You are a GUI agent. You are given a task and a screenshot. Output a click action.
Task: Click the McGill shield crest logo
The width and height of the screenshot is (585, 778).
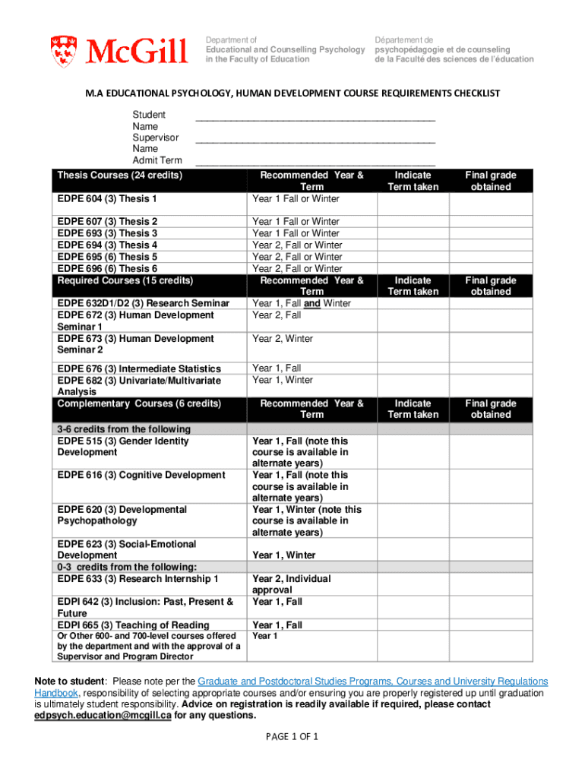[63, 51]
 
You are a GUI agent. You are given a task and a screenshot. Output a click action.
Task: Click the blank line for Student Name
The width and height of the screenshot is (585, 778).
[315, 119]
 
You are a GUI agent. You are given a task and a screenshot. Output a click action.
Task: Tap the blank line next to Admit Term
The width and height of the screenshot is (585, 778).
[315, 164]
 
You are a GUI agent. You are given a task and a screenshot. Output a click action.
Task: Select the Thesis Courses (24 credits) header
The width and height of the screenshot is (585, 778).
[120, 176]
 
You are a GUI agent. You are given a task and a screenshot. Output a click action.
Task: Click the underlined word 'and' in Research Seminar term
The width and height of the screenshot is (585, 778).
[311, 303]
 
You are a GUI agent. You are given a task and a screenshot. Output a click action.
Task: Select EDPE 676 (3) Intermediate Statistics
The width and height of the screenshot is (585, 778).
[139, 368]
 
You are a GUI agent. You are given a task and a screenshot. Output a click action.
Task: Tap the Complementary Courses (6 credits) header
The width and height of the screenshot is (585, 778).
[139, 403]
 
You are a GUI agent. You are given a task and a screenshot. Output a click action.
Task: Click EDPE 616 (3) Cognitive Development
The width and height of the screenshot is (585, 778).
[141, 475]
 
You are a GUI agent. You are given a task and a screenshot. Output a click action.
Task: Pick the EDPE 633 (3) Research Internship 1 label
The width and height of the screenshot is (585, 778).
[138, 579]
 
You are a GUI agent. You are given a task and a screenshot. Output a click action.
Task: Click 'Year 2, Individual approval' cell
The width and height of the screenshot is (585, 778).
[291, 584]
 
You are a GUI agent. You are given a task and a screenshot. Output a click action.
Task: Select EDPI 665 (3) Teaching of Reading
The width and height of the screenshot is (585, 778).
[133, 625]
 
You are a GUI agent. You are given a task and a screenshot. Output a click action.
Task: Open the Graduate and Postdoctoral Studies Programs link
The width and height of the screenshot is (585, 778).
[372, 682]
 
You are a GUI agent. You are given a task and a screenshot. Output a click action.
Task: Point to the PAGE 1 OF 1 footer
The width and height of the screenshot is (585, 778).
[292, 737]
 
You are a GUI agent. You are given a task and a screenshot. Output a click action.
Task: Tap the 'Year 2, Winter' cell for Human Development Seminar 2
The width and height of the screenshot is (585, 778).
[283, 339]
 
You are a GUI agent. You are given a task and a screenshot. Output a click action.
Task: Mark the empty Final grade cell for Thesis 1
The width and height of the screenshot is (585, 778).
[490, 204]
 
